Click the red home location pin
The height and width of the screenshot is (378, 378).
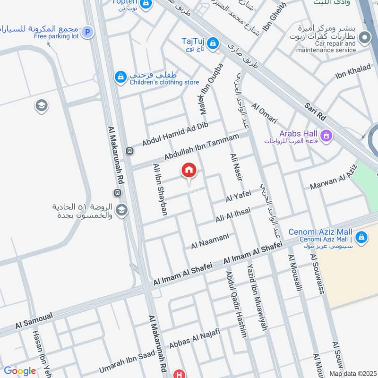[x=189, y=171]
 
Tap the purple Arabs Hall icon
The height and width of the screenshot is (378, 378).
[x=326, y=137]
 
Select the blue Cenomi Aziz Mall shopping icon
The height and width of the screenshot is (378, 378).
[x=361, y=237]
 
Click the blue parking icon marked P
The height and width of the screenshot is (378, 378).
[x=86, y=32]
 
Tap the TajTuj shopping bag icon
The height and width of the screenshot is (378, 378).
[x=213, y=43]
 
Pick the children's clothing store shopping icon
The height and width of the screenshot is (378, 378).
[x=121, y=76]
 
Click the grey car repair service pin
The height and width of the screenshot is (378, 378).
[x=364, y=37]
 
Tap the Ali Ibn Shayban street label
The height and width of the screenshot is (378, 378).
[x=160, y=189]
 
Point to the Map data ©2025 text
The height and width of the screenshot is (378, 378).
[x=352, y=373]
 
